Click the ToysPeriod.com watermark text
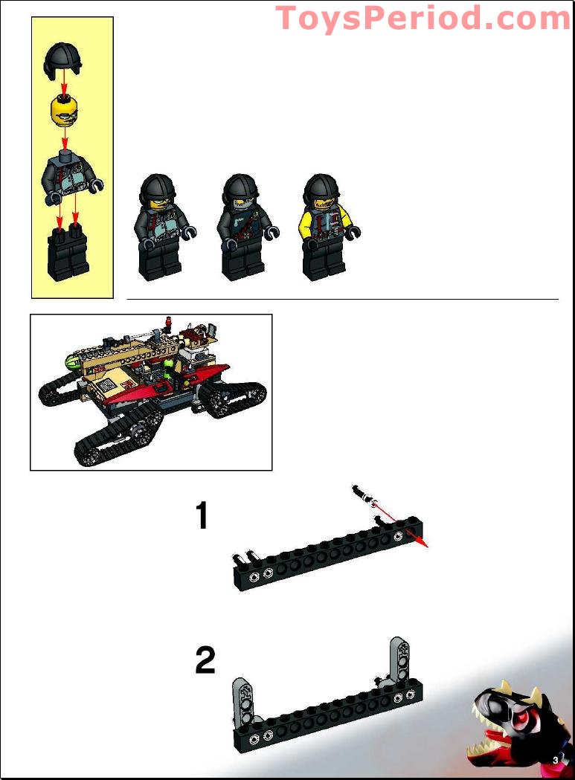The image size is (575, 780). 423,19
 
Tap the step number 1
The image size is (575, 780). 202,515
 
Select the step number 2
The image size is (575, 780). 205,660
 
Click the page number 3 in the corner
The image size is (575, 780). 556,760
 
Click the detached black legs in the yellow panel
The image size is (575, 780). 68,252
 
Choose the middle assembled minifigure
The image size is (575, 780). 246,227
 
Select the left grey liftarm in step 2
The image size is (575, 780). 243,701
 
